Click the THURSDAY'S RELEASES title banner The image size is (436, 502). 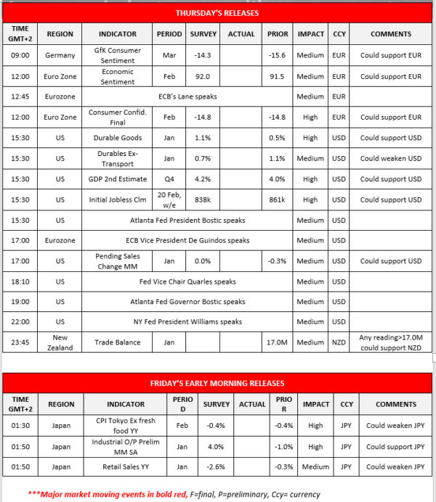(x=217, y=13)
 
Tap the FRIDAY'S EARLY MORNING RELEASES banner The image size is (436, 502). (x=217, y=382)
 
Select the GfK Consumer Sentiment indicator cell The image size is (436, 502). (x=118, y=56)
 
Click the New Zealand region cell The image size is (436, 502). (x=60, y=341)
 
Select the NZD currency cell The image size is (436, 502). (x=339, y=341)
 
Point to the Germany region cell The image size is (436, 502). (x=60, y=56)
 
